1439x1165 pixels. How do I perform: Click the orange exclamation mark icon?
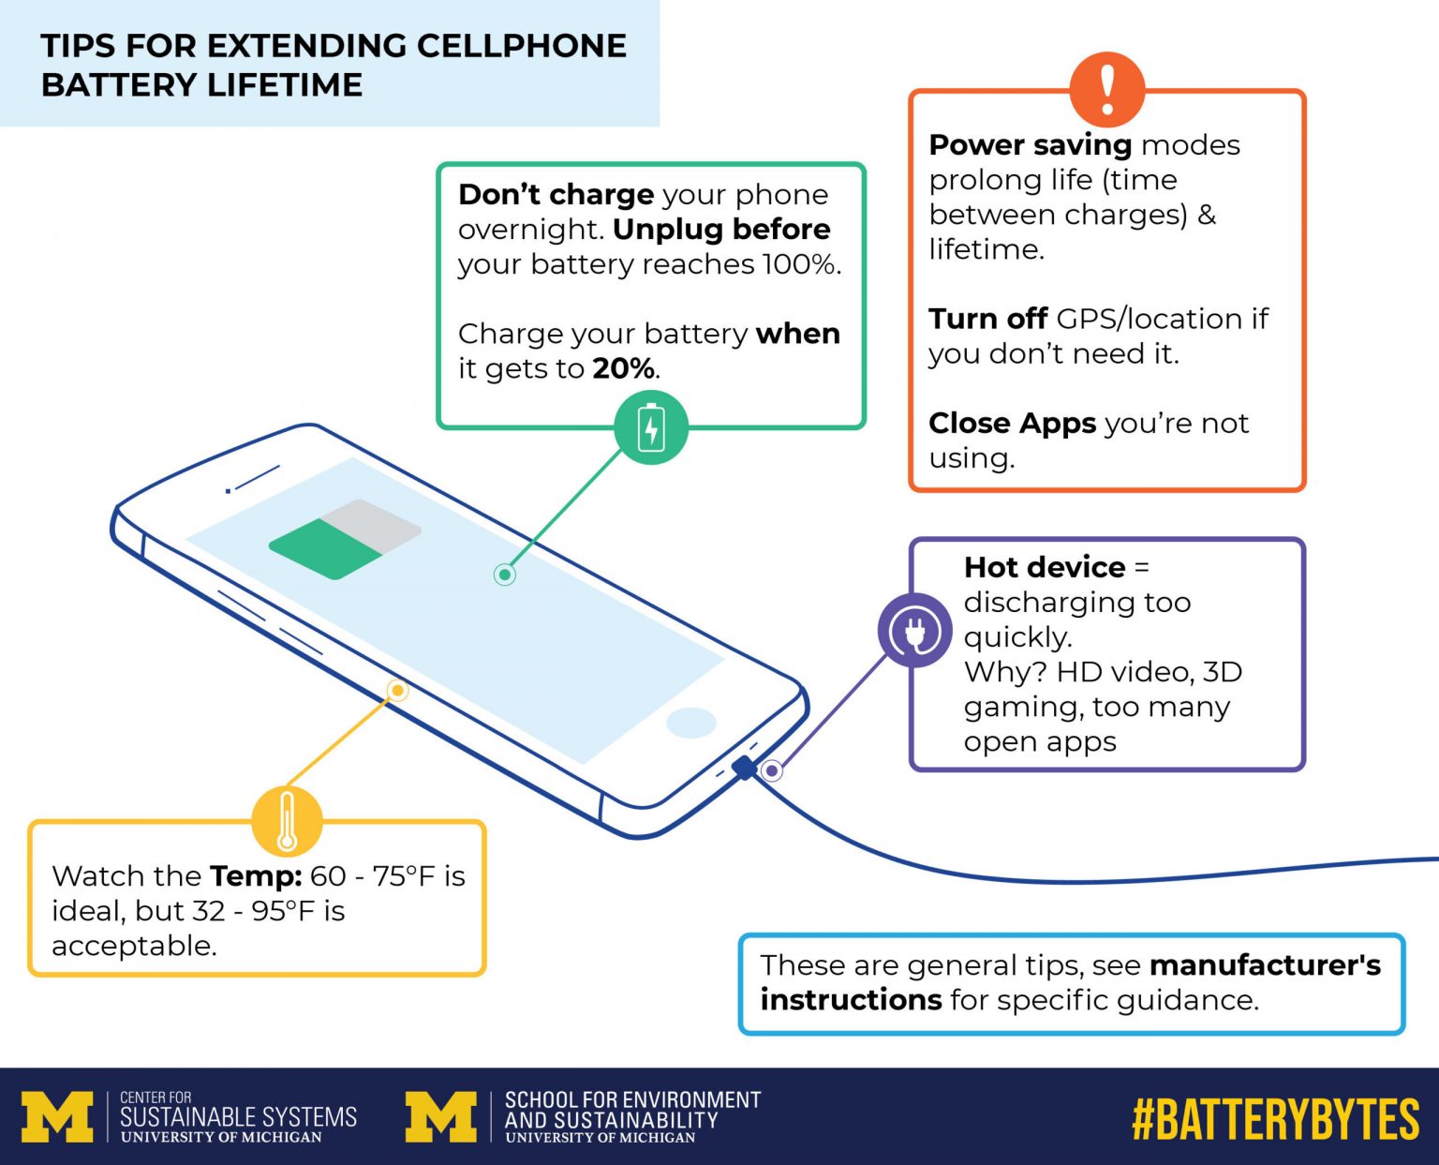pos(1107,89)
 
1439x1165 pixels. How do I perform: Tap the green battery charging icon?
pos(651,427)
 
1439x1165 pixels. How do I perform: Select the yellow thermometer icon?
pos(287,821)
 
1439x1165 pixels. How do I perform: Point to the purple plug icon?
pos(914,630)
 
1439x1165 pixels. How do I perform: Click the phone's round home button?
pos(691,723)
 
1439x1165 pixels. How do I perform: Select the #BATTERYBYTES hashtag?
pos(1275,1119)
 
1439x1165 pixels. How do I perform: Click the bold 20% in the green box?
pos(623,368)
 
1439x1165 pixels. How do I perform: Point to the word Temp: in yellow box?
pos(256,875)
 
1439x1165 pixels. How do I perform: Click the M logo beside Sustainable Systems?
pos(57,1116)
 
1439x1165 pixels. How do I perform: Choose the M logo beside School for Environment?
pos(440,1116)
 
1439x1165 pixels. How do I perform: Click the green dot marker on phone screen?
pos(504,574)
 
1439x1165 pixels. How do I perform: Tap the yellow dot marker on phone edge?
pos(397,691)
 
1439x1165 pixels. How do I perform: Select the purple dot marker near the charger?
pos(771,770)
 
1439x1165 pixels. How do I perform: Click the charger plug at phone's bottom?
pos(744,768)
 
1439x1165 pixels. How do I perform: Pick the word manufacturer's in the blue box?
pos(1265,964)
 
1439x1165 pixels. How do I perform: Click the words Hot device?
pos(1045,567)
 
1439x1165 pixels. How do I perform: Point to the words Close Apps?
pos(1012,423)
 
